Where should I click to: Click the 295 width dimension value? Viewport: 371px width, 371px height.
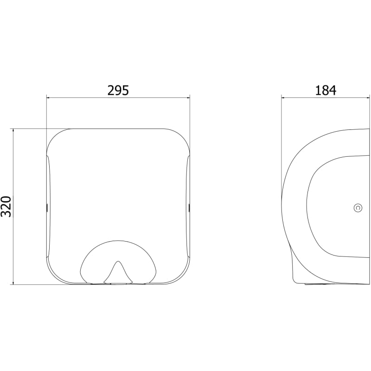(x=118, y=90)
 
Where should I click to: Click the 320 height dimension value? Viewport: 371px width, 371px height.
(x=6, y=206)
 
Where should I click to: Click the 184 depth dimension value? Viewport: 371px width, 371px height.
(x=326, y=90)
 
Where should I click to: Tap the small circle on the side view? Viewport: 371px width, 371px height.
(x=358, y=208)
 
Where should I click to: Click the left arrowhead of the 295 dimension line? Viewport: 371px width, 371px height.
(x=48, y=97)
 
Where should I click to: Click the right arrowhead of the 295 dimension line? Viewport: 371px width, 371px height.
(x=188, y=97)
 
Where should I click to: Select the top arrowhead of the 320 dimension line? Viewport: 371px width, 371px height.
(x=13, y=131)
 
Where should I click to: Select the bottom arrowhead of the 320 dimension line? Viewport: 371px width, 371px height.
(x=13, y=282)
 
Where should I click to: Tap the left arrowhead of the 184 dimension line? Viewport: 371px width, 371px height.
(x=283, y=97)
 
